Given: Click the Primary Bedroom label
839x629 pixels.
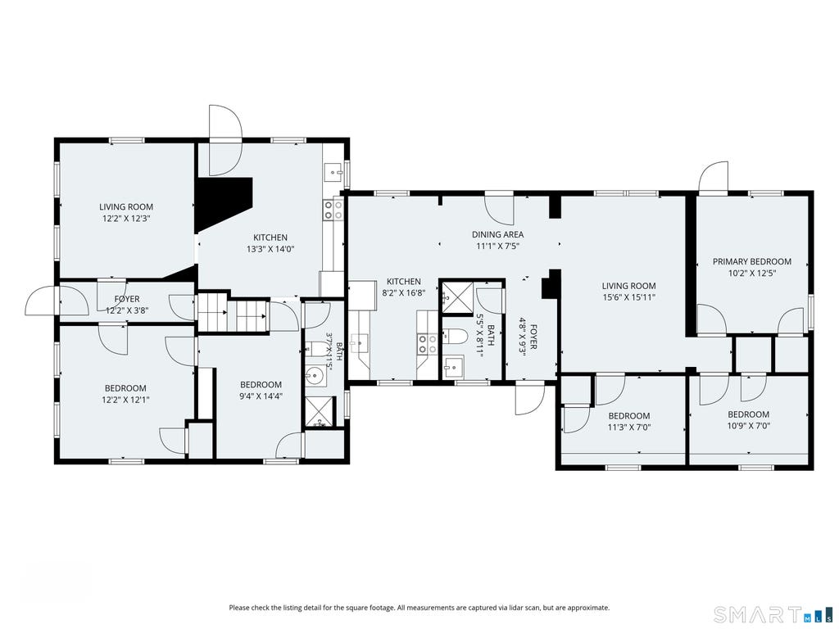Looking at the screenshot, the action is pyautogui.click(x=752, y=261).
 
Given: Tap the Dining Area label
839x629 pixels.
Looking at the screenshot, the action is pyautogui.click(x=497, y=234).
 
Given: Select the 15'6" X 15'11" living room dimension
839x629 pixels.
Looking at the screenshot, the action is pyautogui.click(x=628, y=297).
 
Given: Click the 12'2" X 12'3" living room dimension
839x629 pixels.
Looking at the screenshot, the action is pyautogui.click(x=126, y=218).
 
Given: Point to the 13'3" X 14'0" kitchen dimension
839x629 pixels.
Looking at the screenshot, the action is pyautogui.click(x=270, y=249).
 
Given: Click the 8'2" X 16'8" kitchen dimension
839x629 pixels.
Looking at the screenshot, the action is pyautogui.click(x=403, y=293).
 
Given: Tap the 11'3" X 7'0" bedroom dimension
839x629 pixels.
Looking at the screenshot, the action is pyautogui.click(x=629, y=428).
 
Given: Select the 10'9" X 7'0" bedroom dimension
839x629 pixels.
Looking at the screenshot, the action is pyautogui.click(x=748, y=426).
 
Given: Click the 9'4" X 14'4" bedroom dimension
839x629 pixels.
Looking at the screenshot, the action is pyautogui.click(x=261, y=396).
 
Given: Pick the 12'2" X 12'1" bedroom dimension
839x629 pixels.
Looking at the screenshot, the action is pyautogui.click(x=125, y=399).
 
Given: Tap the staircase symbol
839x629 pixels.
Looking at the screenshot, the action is pyautogui.click(x=233, y=314).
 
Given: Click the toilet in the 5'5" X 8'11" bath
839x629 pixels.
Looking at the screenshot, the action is pyautogui.click(x=456, y=337).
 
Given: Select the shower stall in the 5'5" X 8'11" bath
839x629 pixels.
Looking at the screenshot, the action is pyautogui.click(x=456, y=296).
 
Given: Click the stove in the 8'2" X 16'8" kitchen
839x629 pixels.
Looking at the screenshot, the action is pyautogui.click(x=428, y=344).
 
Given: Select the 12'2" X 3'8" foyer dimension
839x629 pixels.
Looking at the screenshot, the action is pyautogui.click(x=127, y=310).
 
